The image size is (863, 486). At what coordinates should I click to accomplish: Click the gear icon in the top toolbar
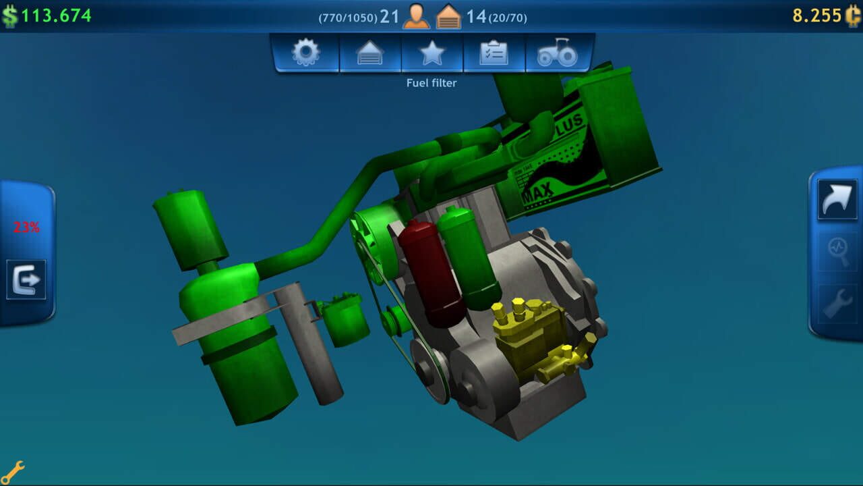(305, 53)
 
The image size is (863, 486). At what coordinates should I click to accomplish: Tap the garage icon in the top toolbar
(370, 53)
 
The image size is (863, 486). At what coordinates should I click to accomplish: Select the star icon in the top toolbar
(432, 53)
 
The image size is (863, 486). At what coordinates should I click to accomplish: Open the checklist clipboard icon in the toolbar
(494, 53)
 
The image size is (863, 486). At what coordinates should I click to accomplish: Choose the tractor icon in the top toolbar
(557, 53)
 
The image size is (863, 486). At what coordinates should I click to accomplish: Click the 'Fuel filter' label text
(431, 83)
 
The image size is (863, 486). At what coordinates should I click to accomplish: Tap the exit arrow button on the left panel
(26, 279)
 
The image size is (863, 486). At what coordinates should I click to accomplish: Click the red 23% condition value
(26, 227)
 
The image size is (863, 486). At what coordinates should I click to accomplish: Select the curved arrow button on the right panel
(837, 199)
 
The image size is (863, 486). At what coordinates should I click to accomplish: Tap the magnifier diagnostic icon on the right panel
(837, 251)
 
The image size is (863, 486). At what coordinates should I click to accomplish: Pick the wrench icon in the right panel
(837, 304)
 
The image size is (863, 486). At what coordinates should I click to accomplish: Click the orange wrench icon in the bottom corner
(13, 471)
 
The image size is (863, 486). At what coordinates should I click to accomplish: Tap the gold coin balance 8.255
(817, 16)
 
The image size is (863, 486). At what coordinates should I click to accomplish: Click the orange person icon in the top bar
(416, 16)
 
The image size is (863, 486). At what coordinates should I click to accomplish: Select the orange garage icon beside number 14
(448, 16)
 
